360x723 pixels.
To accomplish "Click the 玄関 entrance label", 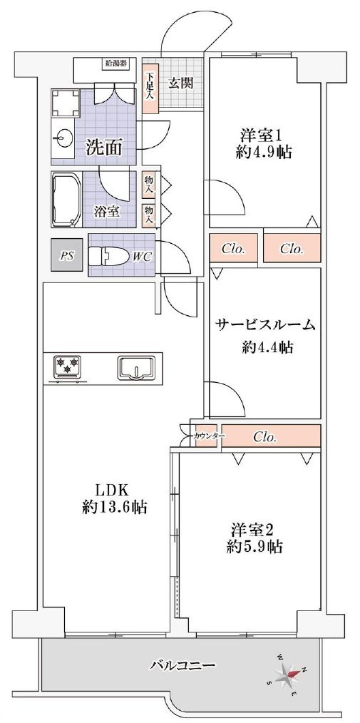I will click(x=181, y=83).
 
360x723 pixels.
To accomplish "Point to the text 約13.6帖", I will click(x=115, y=508).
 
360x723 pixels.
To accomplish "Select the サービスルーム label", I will click(x=265, y=325).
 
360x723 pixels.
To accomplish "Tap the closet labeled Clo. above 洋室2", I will click(x=265, y=436).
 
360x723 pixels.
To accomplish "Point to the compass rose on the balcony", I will click(x=290, y=673).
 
